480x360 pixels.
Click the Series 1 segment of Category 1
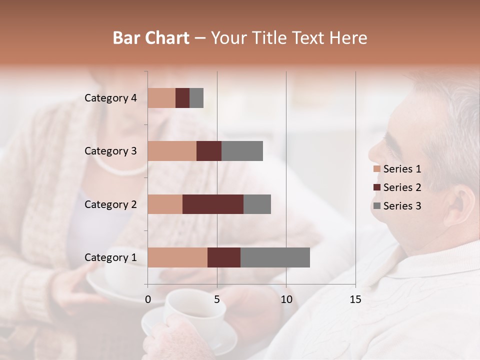click(x=177, y=257)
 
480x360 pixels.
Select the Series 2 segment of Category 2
click(x=213, y=204)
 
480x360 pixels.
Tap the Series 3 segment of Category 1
click(x=275, y=257)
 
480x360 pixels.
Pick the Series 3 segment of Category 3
click(x=242, y=151)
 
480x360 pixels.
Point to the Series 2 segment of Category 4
click(x=182, y=98)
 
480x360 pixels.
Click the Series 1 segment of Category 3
click(x=172, y=151)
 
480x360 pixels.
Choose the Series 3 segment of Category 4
click(x=196, y=98)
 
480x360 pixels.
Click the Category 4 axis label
click(x=110, y=98)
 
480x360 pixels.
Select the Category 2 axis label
click(x=110, y=204)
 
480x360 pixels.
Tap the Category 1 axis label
click(x=110, y=257)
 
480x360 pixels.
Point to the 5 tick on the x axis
click(x=217, y=299)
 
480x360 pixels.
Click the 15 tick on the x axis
click(x=355, y=299)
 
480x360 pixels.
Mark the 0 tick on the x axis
click(x=148, y=299)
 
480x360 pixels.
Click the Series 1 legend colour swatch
click(x=376, y=169)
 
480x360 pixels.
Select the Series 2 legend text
click(x=402, y=187)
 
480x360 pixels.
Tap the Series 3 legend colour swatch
click(x=376, y=206)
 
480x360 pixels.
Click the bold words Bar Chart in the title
click(x=151, y=38)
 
